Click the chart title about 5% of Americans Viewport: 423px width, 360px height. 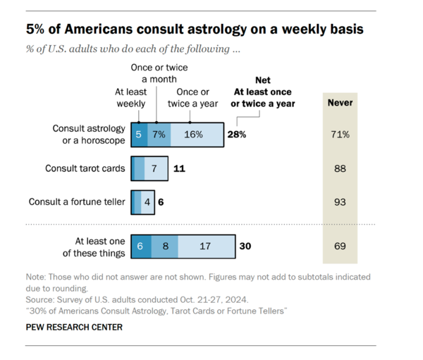pos(195,30)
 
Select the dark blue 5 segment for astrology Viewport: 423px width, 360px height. pos(139,134)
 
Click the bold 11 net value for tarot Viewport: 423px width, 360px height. pos(179,169)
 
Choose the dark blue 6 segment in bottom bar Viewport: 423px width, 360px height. pos(140,247)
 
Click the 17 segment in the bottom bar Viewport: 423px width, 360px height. pos(205,247)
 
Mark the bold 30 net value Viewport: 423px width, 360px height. pos(245,247)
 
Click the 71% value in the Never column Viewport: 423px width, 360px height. pos(341,134)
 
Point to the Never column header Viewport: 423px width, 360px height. pos(341,103)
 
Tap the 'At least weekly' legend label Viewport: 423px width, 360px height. pos(130,98)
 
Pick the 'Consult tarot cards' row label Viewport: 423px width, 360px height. pos(85,169)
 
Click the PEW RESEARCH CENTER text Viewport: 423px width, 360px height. pos(74,327)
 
